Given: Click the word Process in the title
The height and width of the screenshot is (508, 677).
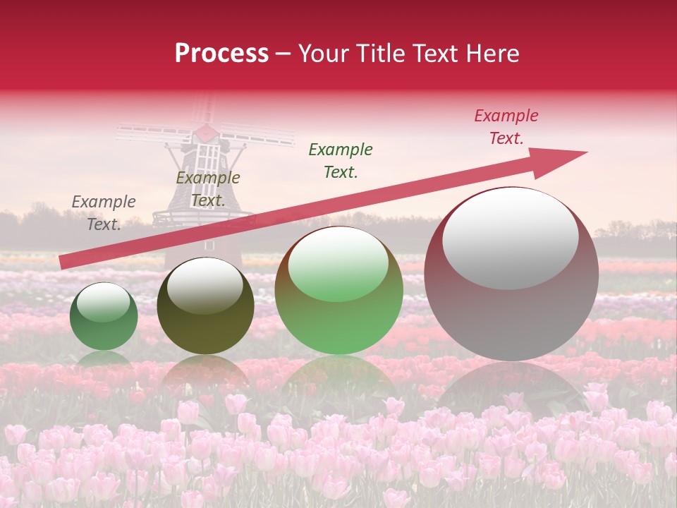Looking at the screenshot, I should tap(221, 54).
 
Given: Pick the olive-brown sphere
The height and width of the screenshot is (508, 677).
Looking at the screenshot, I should tap(205, 306).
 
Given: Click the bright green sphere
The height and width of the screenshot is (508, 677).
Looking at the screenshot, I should tap(338, 291).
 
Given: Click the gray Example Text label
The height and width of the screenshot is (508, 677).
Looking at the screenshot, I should tap(104, 213).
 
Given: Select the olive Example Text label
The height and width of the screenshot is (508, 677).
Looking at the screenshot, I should tap(207, 189).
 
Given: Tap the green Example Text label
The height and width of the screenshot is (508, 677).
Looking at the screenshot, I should tap(341, 160).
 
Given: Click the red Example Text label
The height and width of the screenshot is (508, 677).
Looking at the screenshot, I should tap(506, 127).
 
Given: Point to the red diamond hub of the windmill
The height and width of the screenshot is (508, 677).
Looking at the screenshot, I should tap(205, 132).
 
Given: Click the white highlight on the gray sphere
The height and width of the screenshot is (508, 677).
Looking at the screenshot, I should tap(511, 237).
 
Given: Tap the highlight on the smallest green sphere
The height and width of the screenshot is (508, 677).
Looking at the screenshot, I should tap(103, 302).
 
